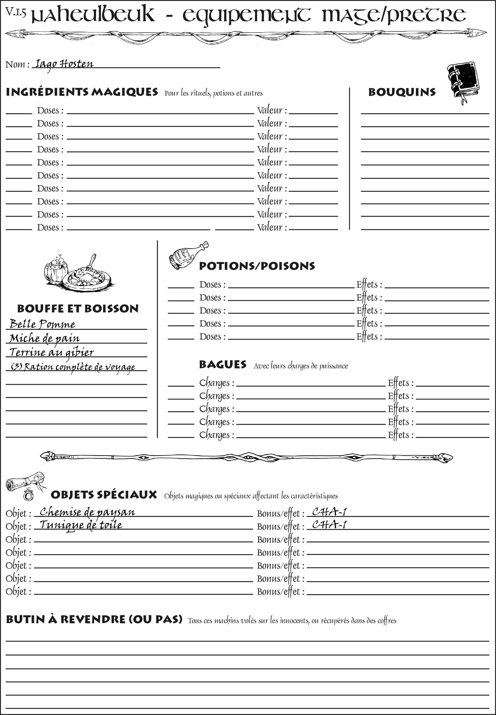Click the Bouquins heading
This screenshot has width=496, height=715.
(402, 92)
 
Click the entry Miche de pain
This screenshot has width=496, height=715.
(44, 338)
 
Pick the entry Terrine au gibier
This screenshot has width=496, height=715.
(51, 352)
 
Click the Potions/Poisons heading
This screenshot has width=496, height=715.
(257, 266)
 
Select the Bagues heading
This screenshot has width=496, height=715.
(223, 365)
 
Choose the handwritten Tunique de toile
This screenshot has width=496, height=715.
(81, 525)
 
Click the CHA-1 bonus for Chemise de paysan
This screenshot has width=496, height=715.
(329, 511)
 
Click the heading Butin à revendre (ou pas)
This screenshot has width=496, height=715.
(94, 620)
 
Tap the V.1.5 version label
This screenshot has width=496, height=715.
(16, 12)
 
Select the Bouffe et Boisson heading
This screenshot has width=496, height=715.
(78, 309)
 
